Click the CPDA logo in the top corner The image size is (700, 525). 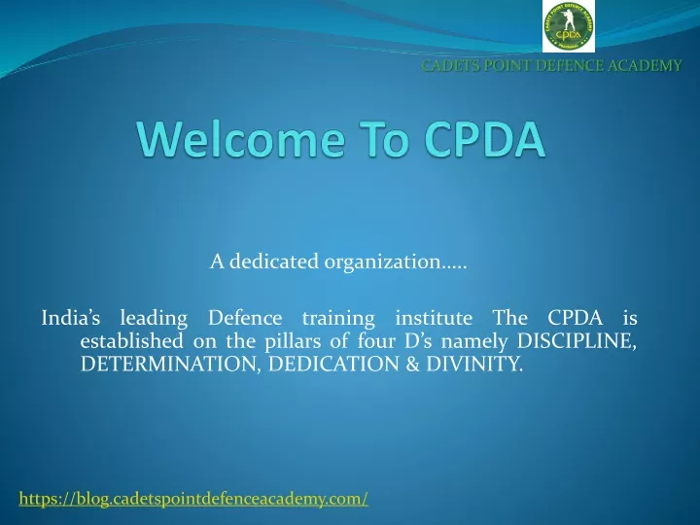pyautogui.click(x=569, y=26)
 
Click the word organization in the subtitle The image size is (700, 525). pyautogui.click(x=383, y=262)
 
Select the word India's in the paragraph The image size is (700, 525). pyautogui.click(x=71, y=318)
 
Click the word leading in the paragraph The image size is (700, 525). pyautogui.click(x=154, y=319)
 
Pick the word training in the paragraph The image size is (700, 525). pyautogui.click(x=338, y=319)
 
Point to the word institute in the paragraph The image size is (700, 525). pyautogui.click(x=434, y=318)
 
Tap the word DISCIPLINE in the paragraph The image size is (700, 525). pyautogui.click(x=576, y=341)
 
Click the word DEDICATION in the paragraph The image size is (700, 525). pyautogui.click(x=333, y=365)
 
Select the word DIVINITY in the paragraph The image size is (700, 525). pyautogui.click(x=473, y=365)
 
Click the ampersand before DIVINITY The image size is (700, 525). pyautogui.click(x=412, y=365)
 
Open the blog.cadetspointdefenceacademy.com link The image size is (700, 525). pyautogui.click(x=193, y=498)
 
